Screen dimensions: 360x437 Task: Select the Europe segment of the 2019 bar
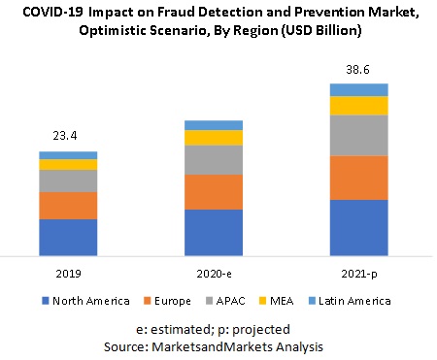[x=68, y=206]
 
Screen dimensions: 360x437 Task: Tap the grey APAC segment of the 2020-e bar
[x=214, y=160]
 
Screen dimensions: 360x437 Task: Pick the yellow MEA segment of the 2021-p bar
[x=359, y=105]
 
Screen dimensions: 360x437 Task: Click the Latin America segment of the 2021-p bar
[x=359, y=90]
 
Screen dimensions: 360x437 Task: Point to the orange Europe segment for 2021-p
[x=359, y=178]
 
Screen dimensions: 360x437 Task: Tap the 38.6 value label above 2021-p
[x=359, y=71]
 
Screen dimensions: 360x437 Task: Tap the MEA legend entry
[x=295, y=301]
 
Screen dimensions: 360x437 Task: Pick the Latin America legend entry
[x=353, y=301]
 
